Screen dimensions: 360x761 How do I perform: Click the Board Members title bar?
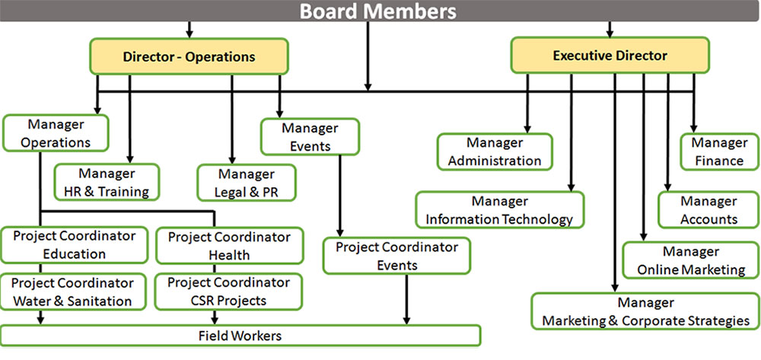[x=378, y=11]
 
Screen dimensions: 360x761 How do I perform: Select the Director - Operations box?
[x=189, y=56]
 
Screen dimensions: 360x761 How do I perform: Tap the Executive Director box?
[x=610, y=56]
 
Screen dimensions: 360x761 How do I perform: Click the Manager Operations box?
[x=56, y=133]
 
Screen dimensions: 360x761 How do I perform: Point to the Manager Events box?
[x=309, y=137]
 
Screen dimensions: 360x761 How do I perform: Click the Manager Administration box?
[x=495, y=151]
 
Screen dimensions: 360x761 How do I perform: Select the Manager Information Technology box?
[x=499, y=210]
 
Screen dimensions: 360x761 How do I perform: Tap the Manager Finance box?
[x=719, y=151]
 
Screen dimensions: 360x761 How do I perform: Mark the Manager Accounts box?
[x=708, y=210]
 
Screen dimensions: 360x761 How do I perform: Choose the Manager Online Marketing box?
[x=691, y=260]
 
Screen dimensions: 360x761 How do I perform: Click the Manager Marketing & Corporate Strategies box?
[x=645, y=311]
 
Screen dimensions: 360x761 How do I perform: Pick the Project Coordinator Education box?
[x=75, y=245]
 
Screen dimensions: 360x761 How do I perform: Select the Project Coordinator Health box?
[x=229, y=245]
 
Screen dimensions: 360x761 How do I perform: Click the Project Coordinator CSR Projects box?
[x=229, y=292]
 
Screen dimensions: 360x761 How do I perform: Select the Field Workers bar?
[x=240, y=336]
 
